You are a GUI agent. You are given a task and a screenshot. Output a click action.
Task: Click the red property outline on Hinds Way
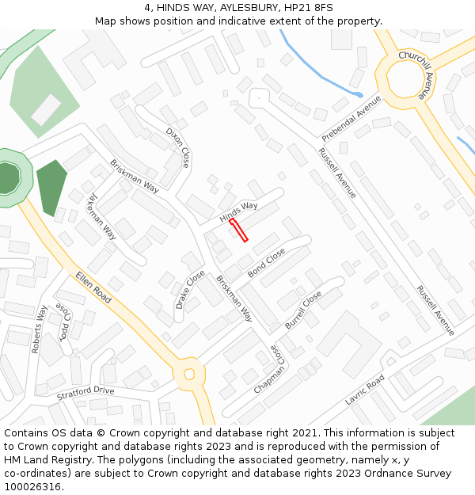click(238, 230)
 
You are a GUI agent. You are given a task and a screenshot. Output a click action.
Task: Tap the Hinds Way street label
click(239, 211)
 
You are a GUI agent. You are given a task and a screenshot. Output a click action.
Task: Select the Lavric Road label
click(364, 390)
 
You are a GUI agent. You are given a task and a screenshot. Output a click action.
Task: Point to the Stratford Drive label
click(85, 393)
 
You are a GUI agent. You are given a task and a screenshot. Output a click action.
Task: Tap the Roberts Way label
click(39, 330)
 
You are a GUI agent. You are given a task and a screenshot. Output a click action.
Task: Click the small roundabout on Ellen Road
click(189, 374)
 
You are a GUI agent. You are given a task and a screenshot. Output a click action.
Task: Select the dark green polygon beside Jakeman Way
click(51, 187)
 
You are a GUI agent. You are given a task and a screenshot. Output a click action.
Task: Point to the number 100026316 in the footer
click(32, 487)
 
